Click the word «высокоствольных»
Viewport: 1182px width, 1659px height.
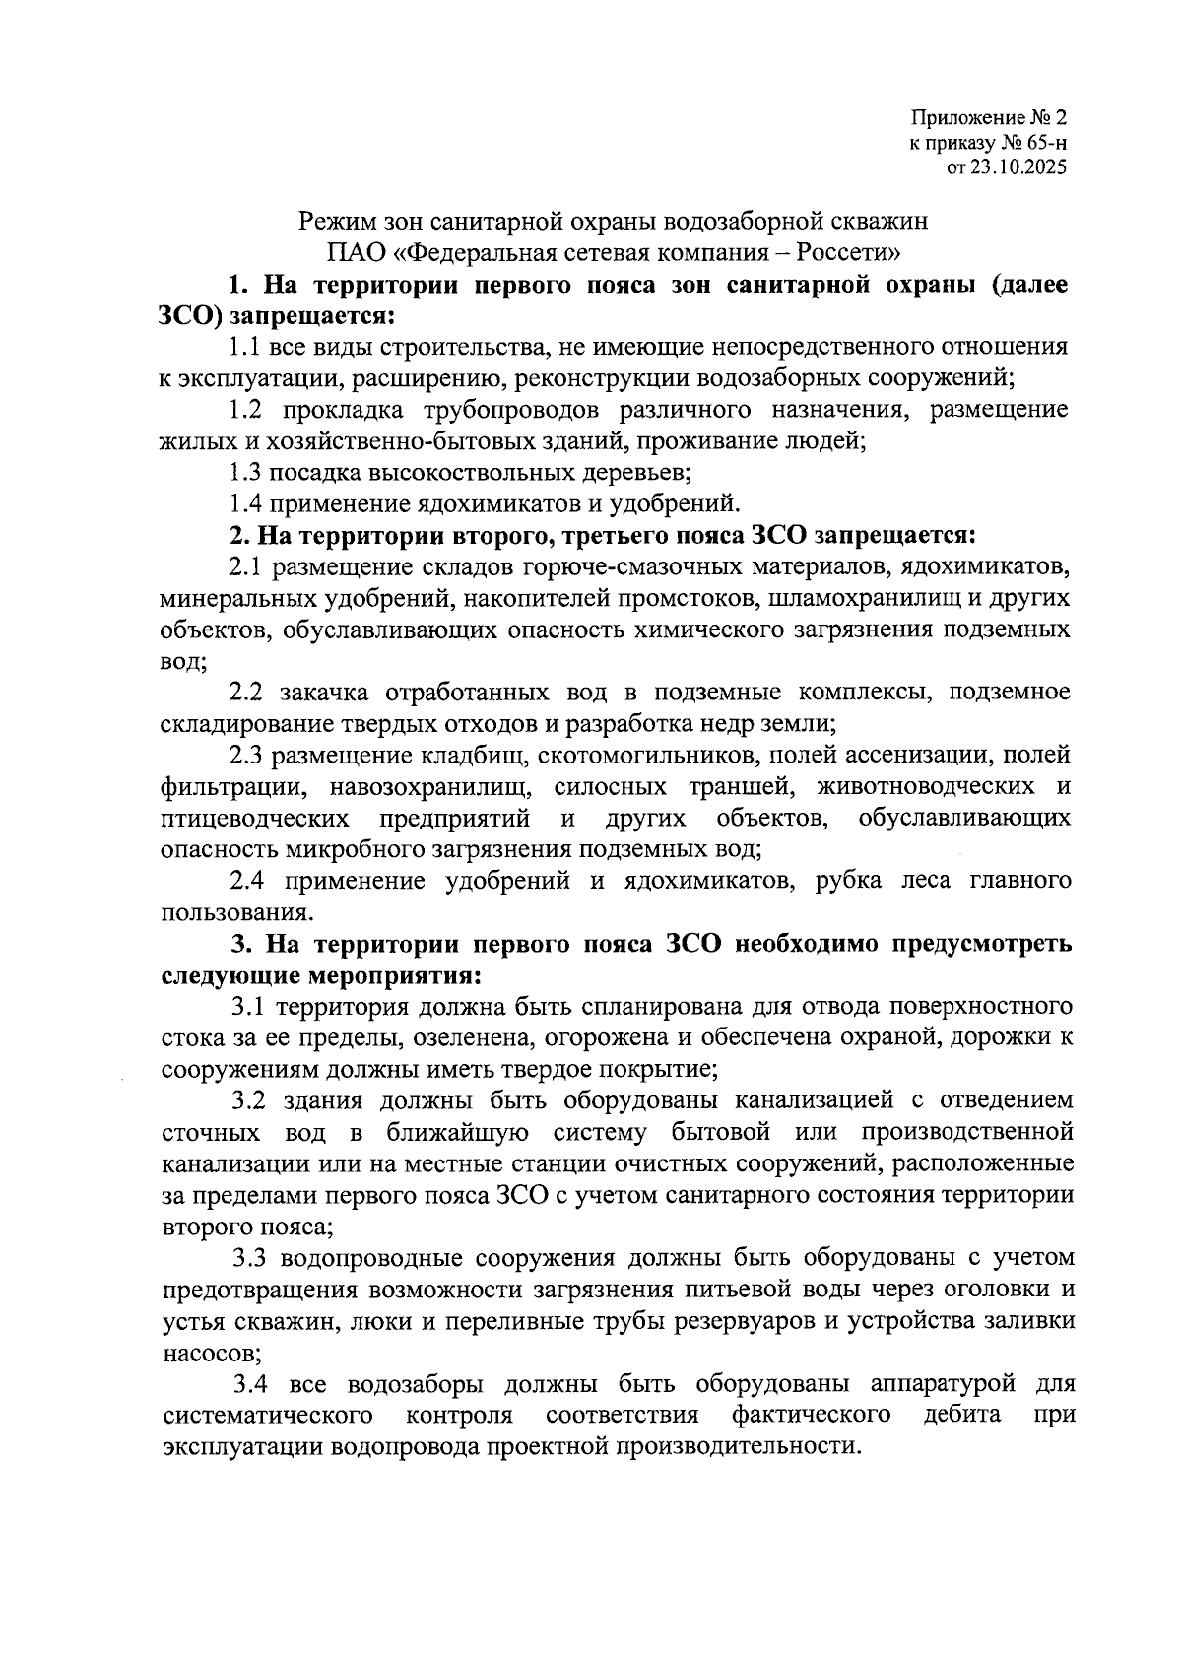[452, 473]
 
